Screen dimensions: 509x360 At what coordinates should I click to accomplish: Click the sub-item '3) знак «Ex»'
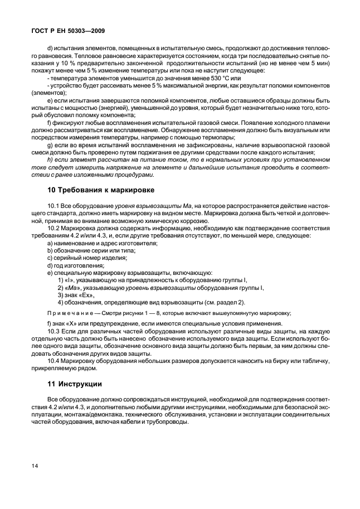(x=76, y=295)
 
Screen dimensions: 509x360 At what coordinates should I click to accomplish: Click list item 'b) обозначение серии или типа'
(x=84, y=251)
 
